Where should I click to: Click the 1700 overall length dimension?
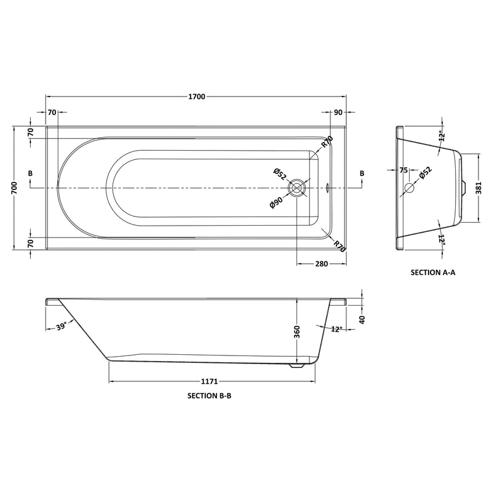point(197,97)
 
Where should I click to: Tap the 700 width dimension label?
point(14,188)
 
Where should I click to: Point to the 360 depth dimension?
point(295,332)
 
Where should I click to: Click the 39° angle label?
point(61,327)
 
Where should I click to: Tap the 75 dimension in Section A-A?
point(404,170)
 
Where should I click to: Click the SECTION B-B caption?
point(209,397)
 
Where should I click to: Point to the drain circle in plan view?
point(298,188)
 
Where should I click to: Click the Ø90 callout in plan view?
point(275,202)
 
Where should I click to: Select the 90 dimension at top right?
point(338,113)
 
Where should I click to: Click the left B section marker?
point(30,174)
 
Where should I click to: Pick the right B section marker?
point(362,174)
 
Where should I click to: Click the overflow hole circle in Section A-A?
point(408,188)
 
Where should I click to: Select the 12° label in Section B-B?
point(336,330)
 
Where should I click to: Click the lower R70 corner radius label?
point(337,245)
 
